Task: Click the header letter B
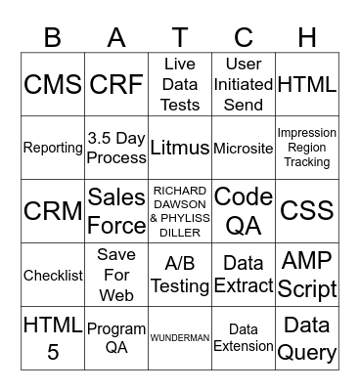coord(53,36)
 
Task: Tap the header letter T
coord(180,36)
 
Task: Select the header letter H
coord(307,36)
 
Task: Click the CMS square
coord(53,85)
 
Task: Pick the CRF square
coord(116,85)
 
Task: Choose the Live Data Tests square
coord(180,85)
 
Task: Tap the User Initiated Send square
coord(244,85)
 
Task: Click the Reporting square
coord(53,148)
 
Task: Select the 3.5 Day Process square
coord(116,148)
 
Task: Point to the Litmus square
coord(180,148)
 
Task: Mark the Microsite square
coord(244,148)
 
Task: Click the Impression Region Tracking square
coord(307,148)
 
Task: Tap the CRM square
coord(53,211)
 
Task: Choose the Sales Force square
coord(116,211)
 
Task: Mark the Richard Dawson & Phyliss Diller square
coord(180,211)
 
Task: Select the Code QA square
coord(244,211)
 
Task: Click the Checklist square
coord(53,275)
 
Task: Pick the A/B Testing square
coord(180,275)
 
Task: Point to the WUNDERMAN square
coord(180,338)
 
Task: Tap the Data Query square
coord(307,338)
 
